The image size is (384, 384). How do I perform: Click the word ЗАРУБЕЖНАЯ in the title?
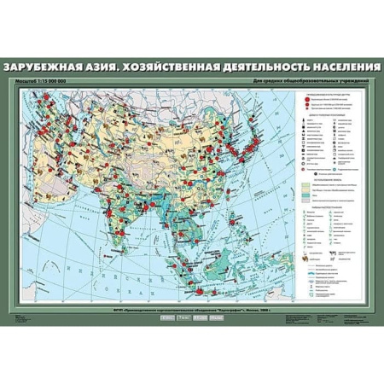tap(46, 67)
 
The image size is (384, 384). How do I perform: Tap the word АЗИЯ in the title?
tap(111, 67)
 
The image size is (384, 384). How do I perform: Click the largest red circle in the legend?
tap(305, 100)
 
